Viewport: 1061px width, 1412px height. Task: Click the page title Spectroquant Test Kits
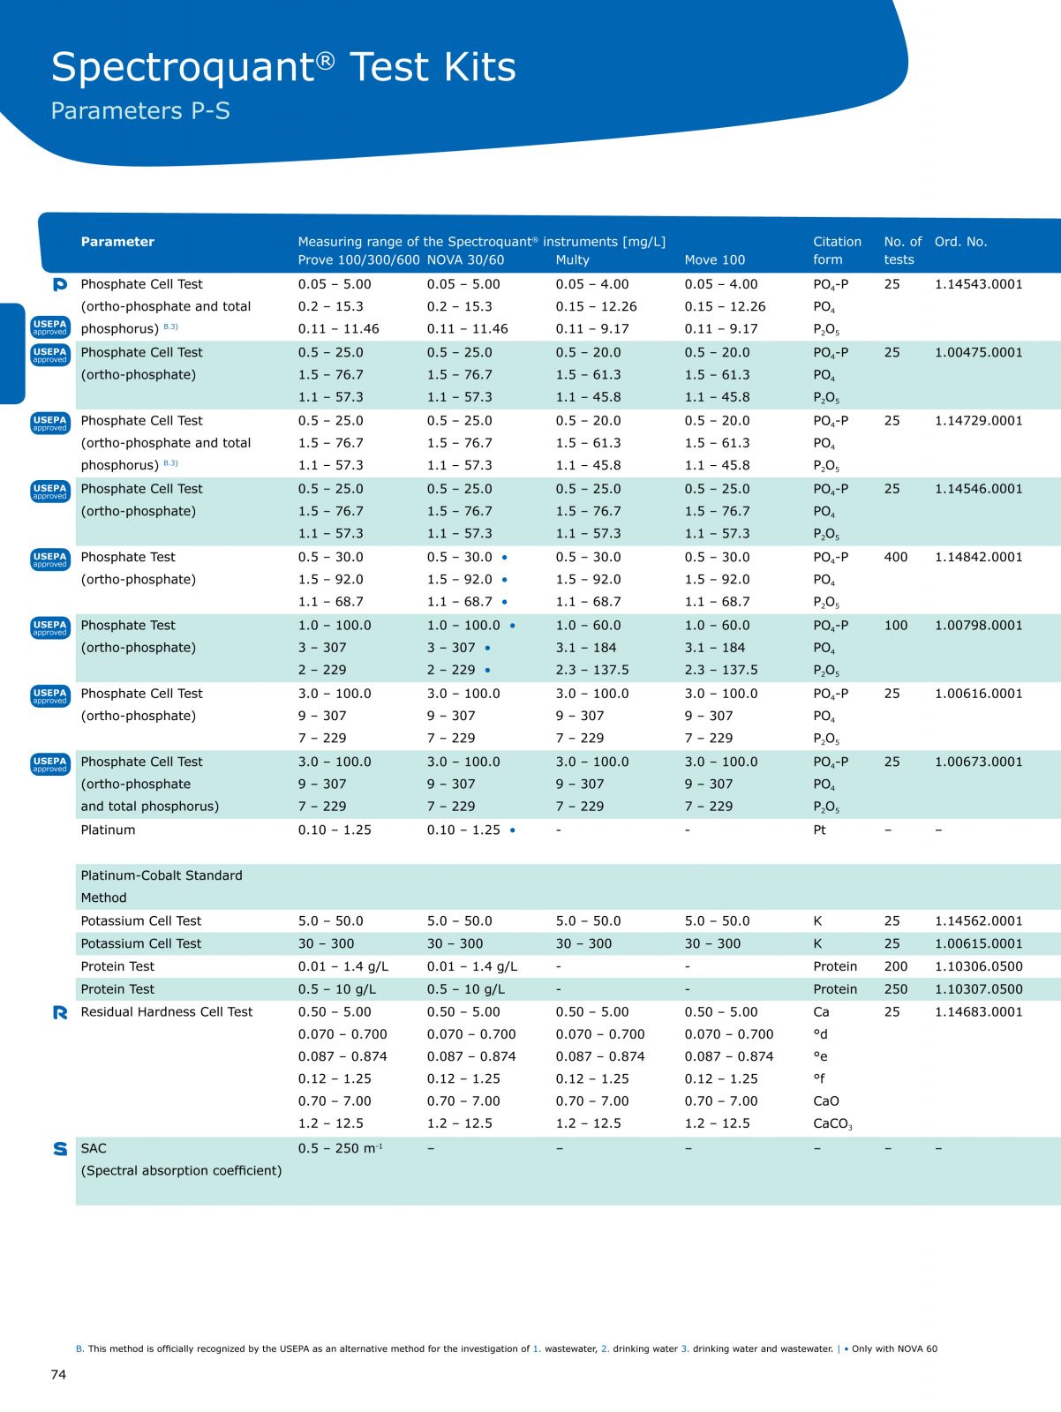(283, 67)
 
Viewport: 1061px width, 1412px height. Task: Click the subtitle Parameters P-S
(140, 111)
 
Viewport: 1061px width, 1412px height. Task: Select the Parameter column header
(117, 242)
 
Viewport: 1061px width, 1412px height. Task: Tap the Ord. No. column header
(960, 242)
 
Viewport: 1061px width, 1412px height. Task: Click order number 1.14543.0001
(978, 284)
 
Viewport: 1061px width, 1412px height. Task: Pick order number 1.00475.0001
(978, 352)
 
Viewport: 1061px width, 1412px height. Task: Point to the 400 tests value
(895, 557)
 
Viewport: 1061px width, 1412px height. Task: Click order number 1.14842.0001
(978, 557)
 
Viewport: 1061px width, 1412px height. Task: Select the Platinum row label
(108, 830)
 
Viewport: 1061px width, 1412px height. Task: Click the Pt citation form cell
(819, 830)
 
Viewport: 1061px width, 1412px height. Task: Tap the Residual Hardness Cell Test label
(167, 1011)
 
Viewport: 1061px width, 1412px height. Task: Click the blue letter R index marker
(60, 1012)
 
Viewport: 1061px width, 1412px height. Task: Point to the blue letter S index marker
(60, 1148)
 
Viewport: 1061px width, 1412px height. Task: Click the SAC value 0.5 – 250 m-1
(340, 1148)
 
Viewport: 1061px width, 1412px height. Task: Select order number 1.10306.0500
(978, 966)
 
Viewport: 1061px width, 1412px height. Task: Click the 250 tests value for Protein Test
(895, 989)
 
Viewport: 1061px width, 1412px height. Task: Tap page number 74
(58, 1374)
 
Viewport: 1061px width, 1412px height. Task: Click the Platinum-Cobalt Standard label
(161, 875)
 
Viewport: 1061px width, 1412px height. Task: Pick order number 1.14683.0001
(978, 1011)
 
